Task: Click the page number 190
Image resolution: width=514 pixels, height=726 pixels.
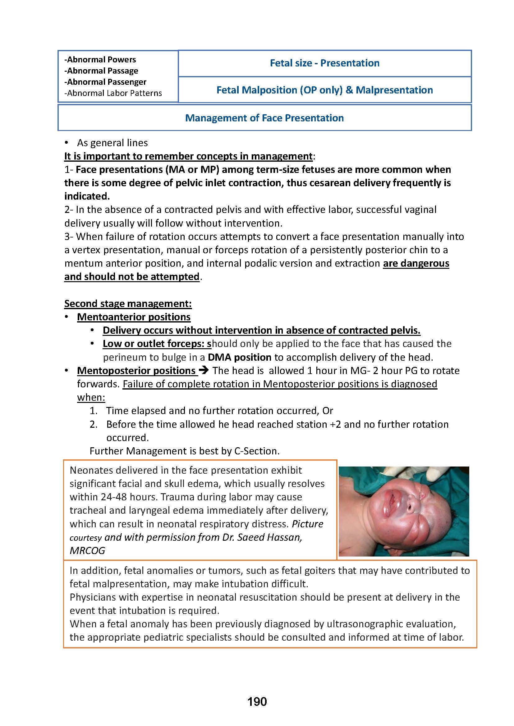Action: coord(257,710)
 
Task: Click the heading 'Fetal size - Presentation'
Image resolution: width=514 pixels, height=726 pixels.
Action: coord(324,63)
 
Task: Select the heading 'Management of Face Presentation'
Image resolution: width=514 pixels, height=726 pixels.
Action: coord(264,118)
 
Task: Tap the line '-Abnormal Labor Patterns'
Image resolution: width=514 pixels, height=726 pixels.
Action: coord(113,93)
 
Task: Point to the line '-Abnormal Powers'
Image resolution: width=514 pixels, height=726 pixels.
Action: coord(100,60)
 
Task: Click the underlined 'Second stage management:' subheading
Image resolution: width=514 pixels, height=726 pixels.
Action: coord(128,304)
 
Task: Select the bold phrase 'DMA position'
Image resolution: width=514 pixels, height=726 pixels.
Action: coord(240,357)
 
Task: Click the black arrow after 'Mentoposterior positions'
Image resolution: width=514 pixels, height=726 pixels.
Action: coord(203,370)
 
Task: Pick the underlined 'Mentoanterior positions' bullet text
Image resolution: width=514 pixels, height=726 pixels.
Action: coord(134,317)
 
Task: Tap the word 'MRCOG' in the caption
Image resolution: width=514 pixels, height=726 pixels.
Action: coord(87,551)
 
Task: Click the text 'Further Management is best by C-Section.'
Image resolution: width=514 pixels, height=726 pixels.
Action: coord(185,451)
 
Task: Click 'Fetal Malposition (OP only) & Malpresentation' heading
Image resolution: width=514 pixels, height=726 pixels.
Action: coord(324,90)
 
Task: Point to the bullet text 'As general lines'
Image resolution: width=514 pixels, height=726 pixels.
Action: coord(112,143)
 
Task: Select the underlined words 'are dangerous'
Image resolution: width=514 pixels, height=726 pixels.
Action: coord(416,264)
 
